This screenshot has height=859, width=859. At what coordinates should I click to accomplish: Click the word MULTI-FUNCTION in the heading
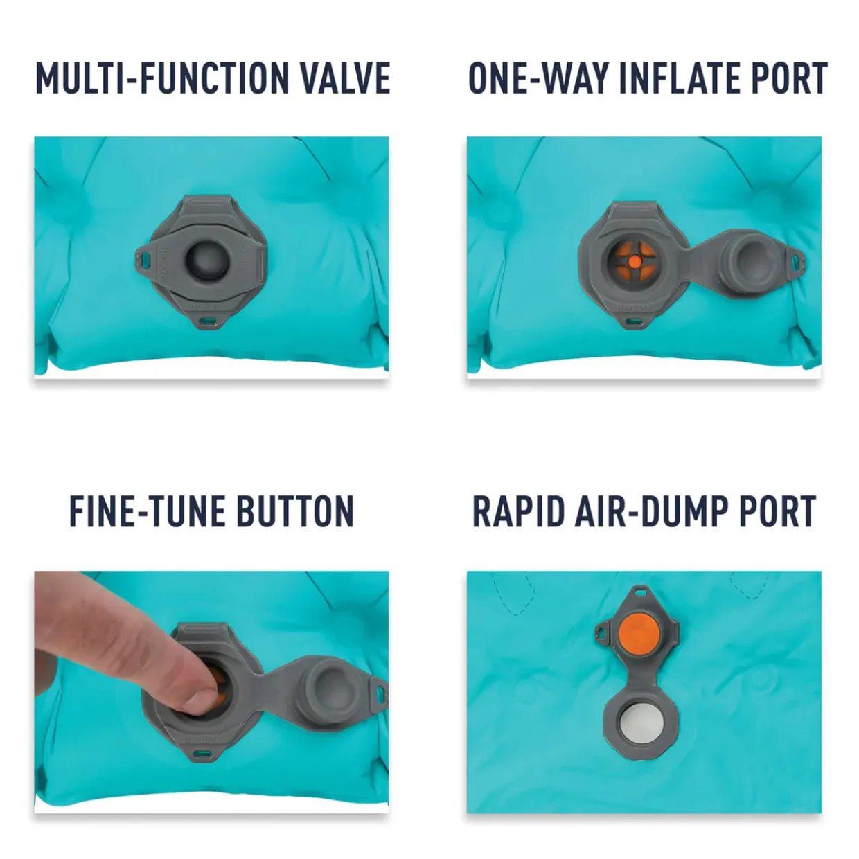[162, 78]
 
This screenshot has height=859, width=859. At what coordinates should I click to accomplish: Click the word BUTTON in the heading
[296, 511]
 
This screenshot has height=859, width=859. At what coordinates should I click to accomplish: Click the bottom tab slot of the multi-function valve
[206, 320]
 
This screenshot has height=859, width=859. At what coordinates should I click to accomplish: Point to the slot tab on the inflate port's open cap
[796, 260]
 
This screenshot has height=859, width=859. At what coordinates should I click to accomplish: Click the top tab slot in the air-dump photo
[641, 593]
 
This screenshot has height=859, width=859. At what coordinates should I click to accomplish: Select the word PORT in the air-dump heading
[779, 511]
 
